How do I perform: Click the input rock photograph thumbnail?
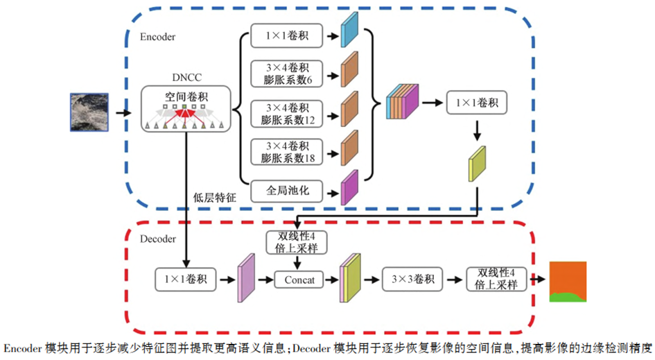tap(89, 112)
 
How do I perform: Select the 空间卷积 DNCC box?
tap(185, 109)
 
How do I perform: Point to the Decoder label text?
tap(158, 239)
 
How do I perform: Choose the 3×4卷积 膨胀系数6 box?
tap(285, 74)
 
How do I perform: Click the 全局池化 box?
tap(285, 189)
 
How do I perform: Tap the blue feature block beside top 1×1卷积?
tap(349, 30)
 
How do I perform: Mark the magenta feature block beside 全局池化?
tap(349, 188)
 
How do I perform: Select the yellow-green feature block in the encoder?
tap(478, 164)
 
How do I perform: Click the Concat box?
tap(299, 280)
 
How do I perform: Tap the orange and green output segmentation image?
tap(568, 282)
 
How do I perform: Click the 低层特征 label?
tap(215, 198)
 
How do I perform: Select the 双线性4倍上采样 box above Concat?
tap(297, 242)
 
